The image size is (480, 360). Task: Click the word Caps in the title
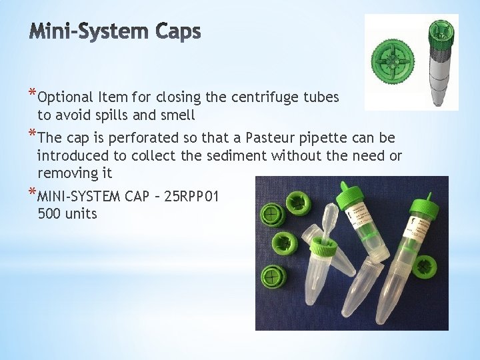[x=178, y=31]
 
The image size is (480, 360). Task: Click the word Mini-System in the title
[x=91, y=31]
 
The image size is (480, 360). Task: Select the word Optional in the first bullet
[x=65, y=97]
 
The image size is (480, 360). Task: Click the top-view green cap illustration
[x=393, y=61]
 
